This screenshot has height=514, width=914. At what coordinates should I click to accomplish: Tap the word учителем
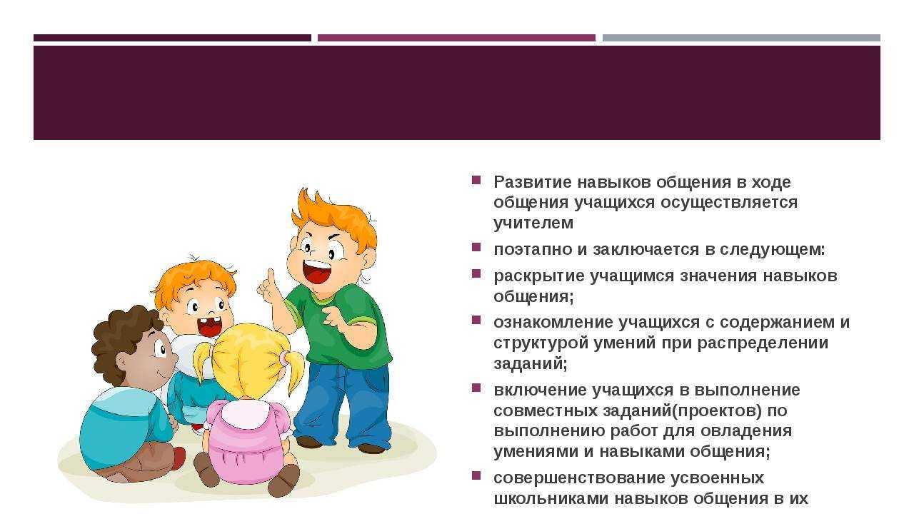(x=533, y=223)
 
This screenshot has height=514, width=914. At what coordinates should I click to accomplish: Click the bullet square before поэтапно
(x=476, y=247)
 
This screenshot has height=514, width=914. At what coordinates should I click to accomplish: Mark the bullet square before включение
(x=476, y=388)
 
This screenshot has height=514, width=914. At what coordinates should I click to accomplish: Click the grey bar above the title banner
(x=741, y=38)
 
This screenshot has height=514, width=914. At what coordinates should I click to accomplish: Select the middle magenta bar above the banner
(x=456, y=38)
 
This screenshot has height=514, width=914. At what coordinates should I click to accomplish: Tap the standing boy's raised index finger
(x=271, y=276)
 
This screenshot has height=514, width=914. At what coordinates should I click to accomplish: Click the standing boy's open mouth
(x=317, y=271)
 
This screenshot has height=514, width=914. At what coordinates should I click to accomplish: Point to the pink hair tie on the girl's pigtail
(x=283, y=358)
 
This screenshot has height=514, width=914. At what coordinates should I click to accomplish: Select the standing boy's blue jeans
(x=343, y=404)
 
